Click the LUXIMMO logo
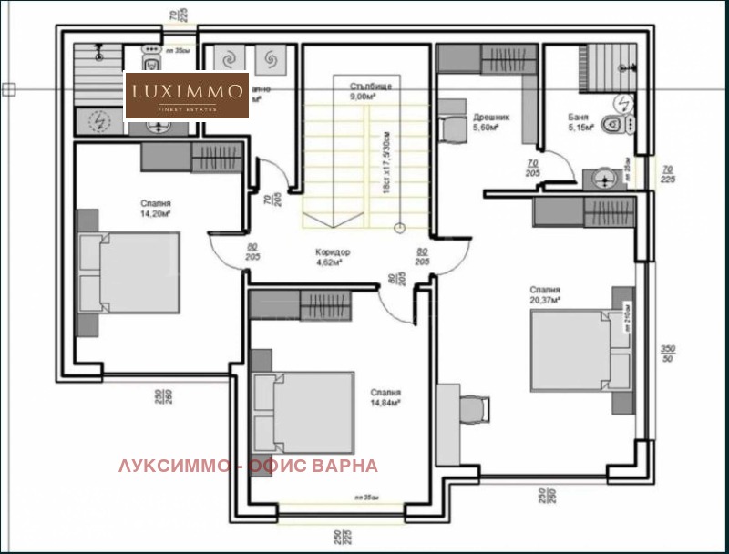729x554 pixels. pos(187,96)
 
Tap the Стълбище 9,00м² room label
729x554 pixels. pos(370,90)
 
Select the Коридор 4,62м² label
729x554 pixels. pos(333,257)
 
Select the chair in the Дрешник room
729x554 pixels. pos(454,130)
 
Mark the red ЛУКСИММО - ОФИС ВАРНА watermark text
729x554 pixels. pos(247,466)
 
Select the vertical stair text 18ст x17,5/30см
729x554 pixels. pos(386,160)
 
